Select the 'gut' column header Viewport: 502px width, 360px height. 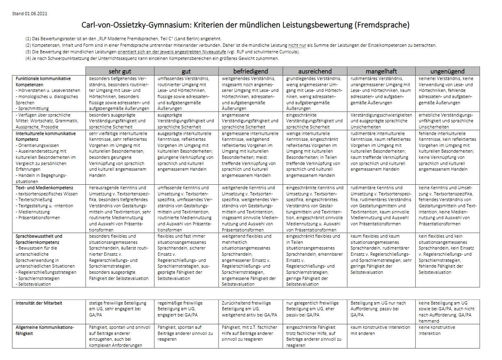click(x=186, y=71)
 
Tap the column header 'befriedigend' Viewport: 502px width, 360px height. click(x=251, y=71)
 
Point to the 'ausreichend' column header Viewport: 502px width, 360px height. click(x=315, y=71)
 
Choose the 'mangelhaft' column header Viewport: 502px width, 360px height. click(x=381, y=71)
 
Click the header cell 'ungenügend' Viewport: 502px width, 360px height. click(x=447, y=71)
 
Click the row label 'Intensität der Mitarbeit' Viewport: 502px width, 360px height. click(x=39, y=303)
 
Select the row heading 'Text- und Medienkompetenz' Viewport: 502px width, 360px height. click(x=44, y=188)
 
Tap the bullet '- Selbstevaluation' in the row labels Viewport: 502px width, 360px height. click(x=34, y=284)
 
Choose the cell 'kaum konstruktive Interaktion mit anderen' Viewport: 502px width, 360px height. click(x=380, y=330)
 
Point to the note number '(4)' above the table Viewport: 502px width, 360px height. click(x=28, y=58)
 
